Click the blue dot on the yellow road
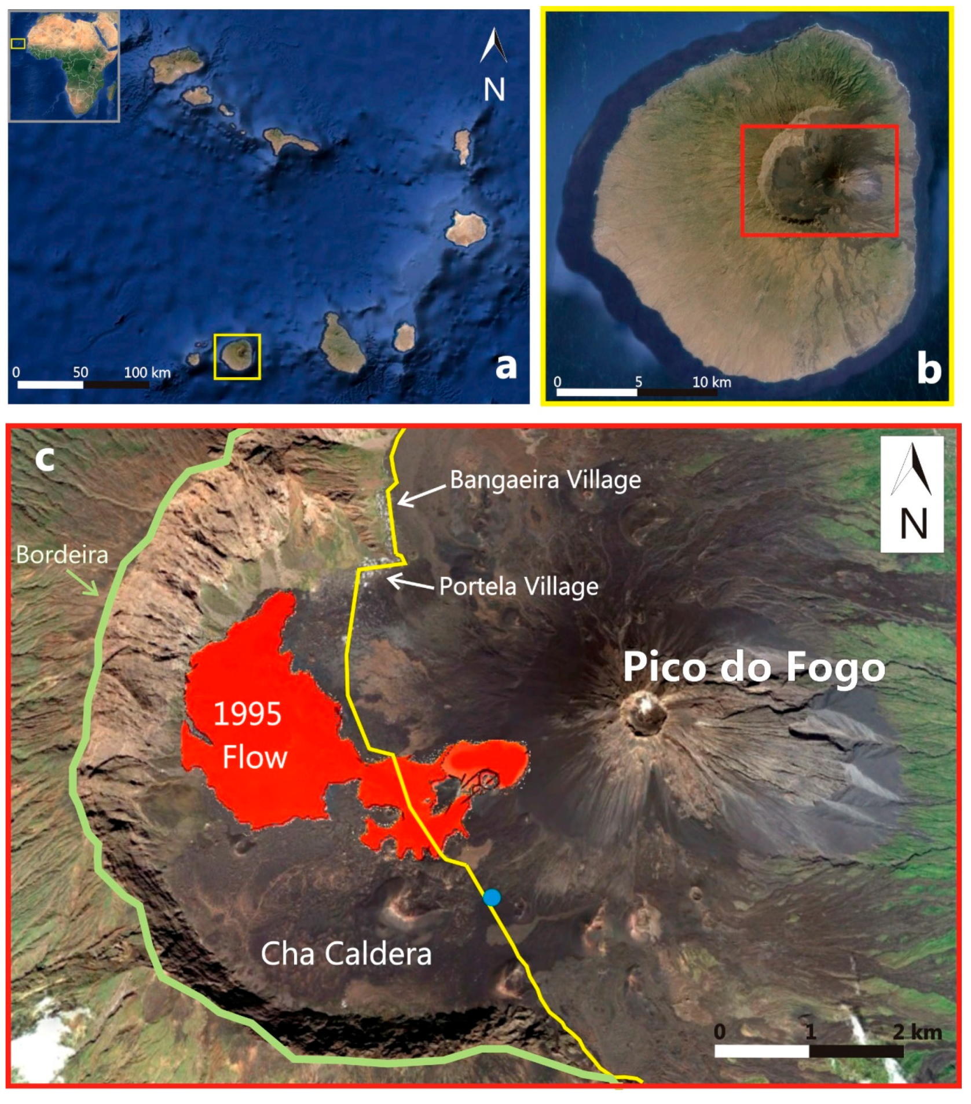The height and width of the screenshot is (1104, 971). click(492, 898)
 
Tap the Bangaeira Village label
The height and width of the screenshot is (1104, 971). click(545, 480)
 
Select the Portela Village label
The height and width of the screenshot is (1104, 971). click(519, 586)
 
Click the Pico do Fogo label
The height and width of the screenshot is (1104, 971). click(753, 667)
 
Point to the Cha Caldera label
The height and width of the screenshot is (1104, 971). click(346, 953)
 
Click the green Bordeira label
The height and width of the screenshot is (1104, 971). click(61, 554)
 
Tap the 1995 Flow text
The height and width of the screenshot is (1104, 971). click(250, 734)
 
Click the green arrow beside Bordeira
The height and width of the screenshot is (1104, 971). click(82, 582)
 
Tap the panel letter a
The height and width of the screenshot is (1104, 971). click(505, 366)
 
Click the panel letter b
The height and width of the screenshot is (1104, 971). click(928, 368)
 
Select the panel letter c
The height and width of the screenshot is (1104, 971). click(45, 458)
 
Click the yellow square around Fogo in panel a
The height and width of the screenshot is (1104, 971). click(237, 357)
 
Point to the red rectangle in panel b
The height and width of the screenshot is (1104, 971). click(819, 180)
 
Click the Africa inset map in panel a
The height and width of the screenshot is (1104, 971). click(64, 65)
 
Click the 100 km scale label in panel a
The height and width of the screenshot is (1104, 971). click(147, 372)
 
